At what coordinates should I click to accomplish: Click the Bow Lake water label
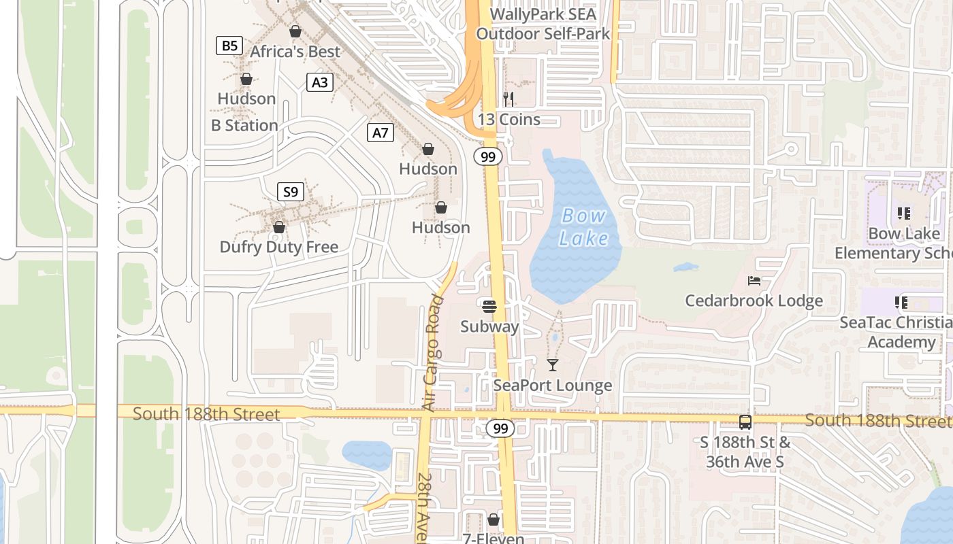click(583, 226)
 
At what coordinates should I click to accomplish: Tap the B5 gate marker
click(229, 46)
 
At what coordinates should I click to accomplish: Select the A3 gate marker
click(319, 82)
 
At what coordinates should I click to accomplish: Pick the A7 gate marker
click(381, 132)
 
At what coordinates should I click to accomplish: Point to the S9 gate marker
click(291, 192)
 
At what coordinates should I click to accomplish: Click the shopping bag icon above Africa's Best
click(295, 31)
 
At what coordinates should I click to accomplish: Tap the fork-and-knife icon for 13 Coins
click(508, 99)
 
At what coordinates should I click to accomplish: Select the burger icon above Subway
click(489, 306)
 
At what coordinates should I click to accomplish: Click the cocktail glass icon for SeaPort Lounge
click(553, 365)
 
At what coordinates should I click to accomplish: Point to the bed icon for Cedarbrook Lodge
click(754, 280)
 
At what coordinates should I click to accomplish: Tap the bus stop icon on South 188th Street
click(745, 422)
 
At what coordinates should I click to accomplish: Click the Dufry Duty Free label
click(278, 247)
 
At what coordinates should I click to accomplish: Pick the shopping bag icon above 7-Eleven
click(494, 520)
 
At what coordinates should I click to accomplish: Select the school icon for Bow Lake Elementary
click(904, 214)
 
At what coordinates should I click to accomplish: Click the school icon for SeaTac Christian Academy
click(901, 302)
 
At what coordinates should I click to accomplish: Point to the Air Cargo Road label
click(432, 352)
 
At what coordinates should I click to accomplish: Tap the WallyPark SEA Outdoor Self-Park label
click(543, 24)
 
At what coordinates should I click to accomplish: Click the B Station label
click(244, 125)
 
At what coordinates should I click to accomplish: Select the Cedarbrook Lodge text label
click(754, 301)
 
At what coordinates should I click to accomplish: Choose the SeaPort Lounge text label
click(553, 386)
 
